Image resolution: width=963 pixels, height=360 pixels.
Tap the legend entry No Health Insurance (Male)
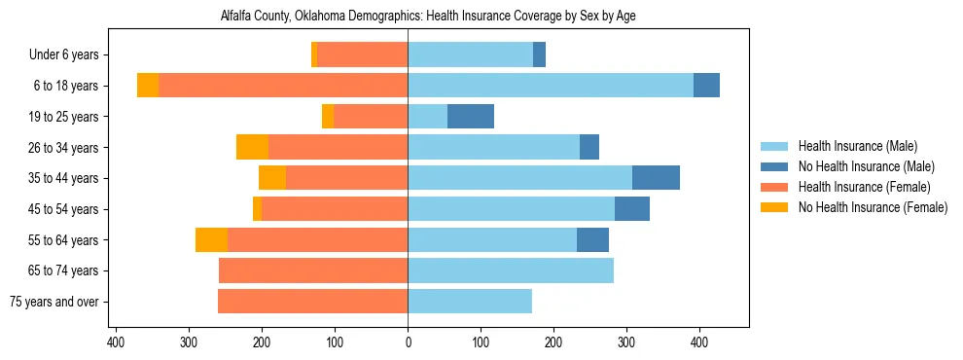[866, 166]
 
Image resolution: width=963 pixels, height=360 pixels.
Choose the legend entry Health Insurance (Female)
[864, 187]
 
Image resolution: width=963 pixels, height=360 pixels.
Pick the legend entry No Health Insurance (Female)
[873, 207]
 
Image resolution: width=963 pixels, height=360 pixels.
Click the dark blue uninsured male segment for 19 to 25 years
[471, 117]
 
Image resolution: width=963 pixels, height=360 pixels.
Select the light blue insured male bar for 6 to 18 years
[550, 86]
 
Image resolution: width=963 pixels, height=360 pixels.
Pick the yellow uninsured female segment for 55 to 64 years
[211, 240]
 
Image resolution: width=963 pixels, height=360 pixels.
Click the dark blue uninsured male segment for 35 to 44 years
[656, 178]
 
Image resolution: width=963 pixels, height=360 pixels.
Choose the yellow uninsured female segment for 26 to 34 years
[252, 147]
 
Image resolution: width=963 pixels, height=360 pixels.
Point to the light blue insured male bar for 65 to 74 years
[511, 270]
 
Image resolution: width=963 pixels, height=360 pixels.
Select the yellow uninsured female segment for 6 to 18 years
[148, 86]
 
